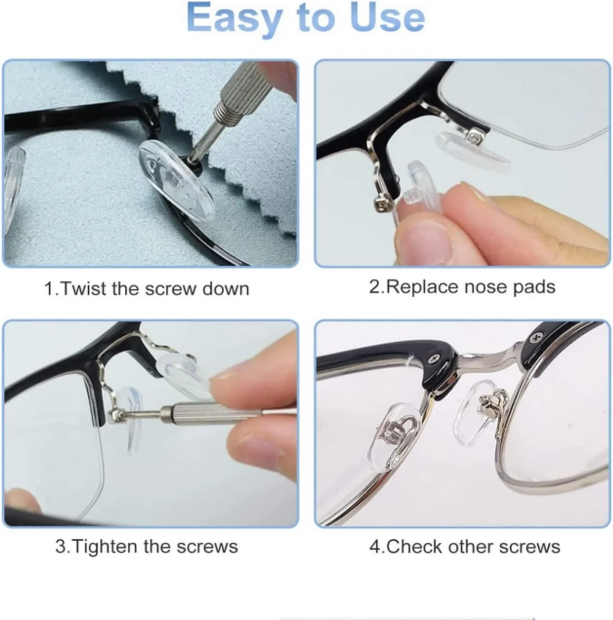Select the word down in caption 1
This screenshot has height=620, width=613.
[226, 288]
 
